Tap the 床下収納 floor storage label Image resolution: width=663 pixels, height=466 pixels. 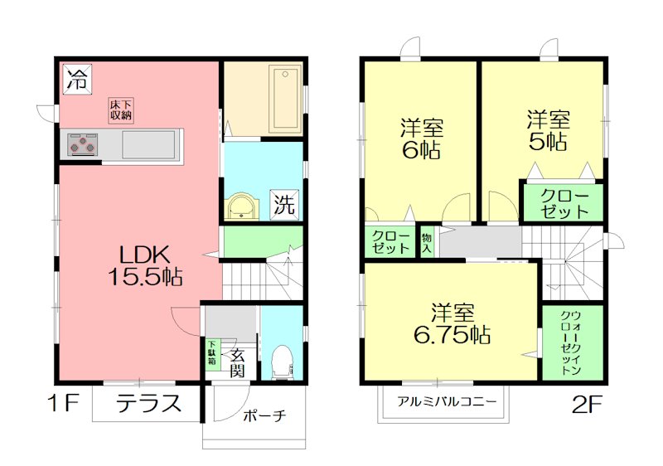coord(120,110)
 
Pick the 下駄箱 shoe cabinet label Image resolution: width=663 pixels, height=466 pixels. coord(212,354)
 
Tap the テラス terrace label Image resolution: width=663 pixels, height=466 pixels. coord(148,404)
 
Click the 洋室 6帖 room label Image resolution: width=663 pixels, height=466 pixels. coord(422,139)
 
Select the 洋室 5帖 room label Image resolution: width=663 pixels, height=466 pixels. coord(548,130)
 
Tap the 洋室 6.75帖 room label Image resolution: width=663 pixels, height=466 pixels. coord(452,324)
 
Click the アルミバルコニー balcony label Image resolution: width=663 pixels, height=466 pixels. coord(447,401)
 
